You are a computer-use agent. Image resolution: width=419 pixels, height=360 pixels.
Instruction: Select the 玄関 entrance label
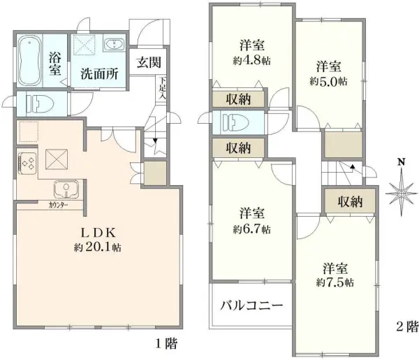[x=147, y=62]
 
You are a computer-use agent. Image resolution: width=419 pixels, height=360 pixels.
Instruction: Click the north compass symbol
[x=400, y=187]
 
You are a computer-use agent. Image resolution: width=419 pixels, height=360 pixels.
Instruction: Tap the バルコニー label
[x=251, y=306]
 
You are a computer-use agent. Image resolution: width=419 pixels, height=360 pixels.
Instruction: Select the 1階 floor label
[x=165, y=343]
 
